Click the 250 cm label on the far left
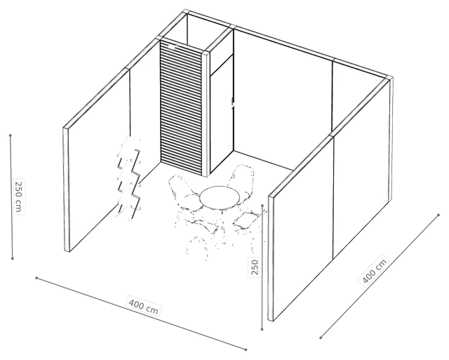(x=18, y=196)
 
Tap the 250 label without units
(x=255, y=267)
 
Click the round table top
(x=220, y=198)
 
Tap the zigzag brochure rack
(x=129, y=178)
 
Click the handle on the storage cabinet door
(x=232, y=102)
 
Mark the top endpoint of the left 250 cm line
(x=11, y=135)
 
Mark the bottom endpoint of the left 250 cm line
(x=13, y=258)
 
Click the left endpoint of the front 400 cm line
(x=36, y=278)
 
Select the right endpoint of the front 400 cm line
(x=246, y=349)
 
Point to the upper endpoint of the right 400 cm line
(x=438, y=215)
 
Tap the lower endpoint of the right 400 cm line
(x=321, y=338)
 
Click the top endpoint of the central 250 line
(x=262, y=206)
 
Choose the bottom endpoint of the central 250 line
(x=262, y=329)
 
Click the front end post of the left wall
(x=67, y=189)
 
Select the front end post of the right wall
(x=271, y=258)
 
